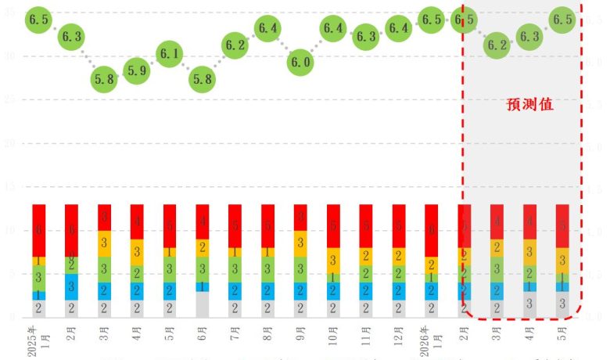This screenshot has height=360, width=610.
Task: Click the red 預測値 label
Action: pyautogui.click(x=530, y=104)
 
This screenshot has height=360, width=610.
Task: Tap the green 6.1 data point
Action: pyautogui.click(x=170, y=54)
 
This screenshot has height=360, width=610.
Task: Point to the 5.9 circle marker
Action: pyautogui.click(x=137, y=70)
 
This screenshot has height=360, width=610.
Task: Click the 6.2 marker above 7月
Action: pyautogui.click(x=235, y=45)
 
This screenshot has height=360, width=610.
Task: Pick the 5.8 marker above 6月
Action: pyautogui.click(x=203, y=79)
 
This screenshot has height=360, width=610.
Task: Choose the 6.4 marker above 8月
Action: pyautogui.click(x=268, y=28)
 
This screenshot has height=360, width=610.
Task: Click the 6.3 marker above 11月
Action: pyautogui.click(x=366, y=36)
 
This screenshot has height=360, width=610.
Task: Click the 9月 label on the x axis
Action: pyautogui.click(x=300, y=338)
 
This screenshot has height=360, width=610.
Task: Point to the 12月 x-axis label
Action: pyautogui.click(x=399, y=338)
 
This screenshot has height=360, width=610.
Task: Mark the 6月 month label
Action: pyautogui.click(x=203, y=338)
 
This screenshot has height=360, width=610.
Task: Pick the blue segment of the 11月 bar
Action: pyautogui.click(x=366, y=291)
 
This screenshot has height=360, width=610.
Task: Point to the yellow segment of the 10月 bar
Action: pyautogui.click(x=333, y=260)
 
